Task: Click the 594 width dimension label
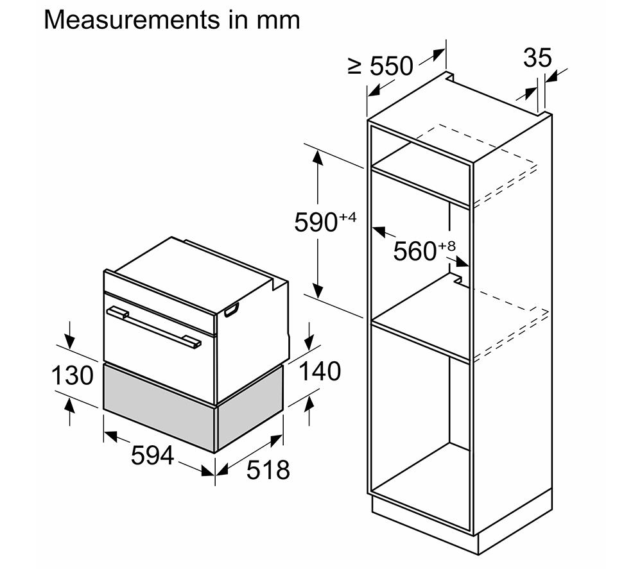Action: pyautogui.click(x=152, y=455)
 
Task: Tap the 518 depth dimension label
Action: pyautogui.click(x=268, y=469)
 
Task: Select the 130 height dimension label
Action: pyautogui.click(x=72, y=375)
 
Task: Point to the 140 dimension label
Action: pyautogui.click(x=320, y=371)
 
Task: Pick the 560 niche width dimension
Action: pyautogui.click(x=415, y=251)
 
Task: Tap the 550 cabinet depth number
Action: pyautogui.click(x=392, y=66)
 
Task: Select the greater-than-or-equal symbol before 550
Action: pyautogui.click(x=354, y=67)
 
